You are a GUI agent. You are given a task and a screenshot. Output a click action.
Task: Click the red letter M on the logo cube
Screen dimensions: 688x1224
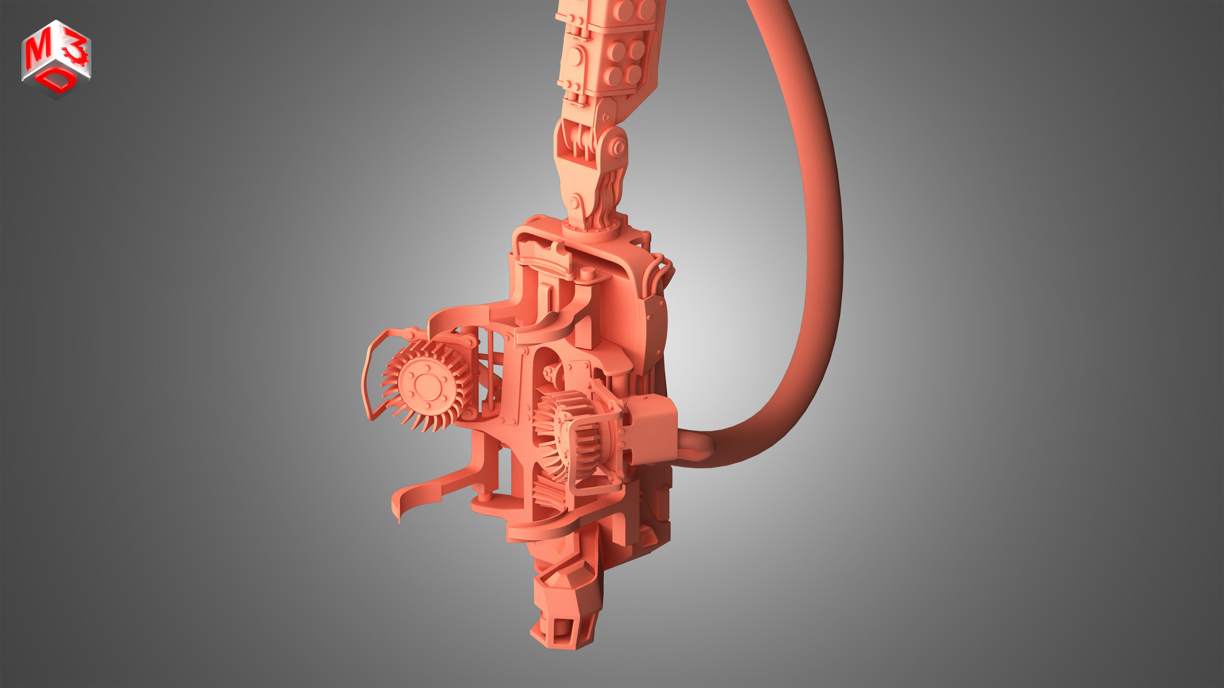tap(37, 52)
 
